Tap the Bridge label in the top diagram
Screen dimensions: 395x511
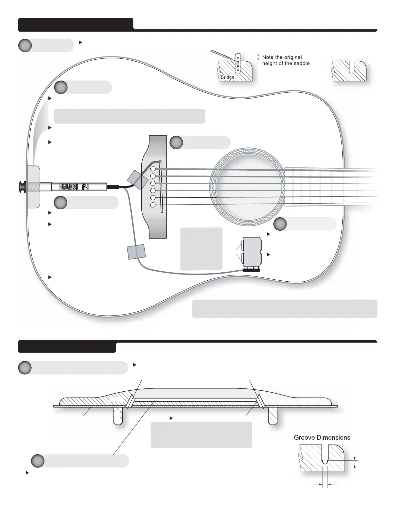[x=228, y=77]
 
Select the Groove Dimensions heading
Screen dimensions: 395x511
[x=322, y=437]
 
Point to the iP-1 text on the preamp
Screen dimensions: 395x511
[x=85, y=187]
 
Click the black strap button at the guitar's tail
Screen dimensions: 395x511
[x=22, y=186]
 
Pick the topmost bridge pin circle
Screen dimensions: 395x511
[x=153, y=169]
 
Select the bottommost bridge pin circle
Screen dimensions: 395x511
[x=153, y=205]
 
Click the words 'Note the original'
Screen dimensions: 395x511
[x=282, y=57]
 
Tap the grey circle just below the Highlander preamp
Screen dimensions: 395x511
[x=60, y=202]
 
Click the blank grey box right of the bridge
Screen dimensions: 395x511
[x=201, y=248]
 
